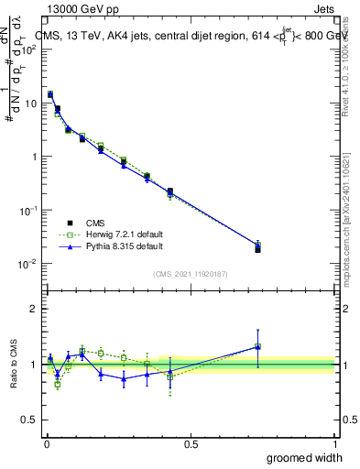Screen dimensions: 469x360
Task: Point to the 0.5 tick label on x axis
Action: pos(191,443)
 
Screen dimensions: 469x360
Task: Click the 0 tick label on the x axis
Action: pos(46,443)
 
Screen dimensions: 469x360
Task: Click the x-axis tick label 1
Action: pos(334,443)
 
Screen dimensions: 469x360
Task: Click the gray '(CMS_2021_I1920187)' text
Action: pos(191,274)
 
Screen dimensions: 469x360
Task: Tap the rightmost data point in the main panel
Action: pos(257,247)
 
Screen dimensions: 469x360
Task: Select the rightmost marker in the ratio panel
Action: pos(257,346)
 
